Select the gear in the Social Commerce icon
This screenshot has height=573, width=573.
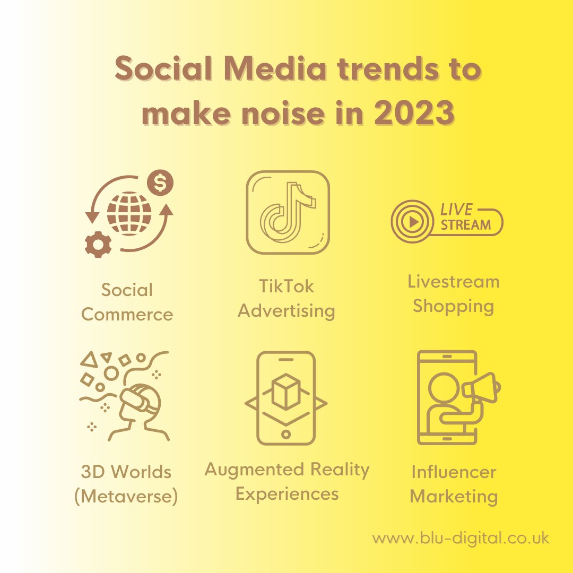(x=99, y=245)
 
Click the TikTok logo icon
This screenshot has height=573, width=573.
(x=288, y=212)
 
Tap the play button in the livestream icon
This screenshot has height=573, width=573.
(x=411, y=222)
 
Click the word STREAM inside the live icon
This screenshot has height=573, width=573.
(x=466, y=224)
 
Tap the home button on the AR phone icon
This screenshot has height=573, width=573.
(x=286, y=435)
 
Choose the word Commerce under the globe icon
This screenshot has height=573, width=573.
(x=127, y=314)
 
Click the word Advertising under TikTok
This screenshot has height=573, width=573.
(x=286, y=311)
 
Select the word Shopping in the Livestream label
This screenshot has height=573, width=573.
(x=454, y=306)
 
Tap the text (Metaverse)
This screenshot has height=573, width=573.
(x=126, y=497)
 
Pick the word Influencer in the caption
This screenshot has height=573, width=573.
(x=454, y=472)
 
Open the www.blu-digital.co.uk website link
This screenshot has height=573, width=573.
(x=461, y=539)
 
